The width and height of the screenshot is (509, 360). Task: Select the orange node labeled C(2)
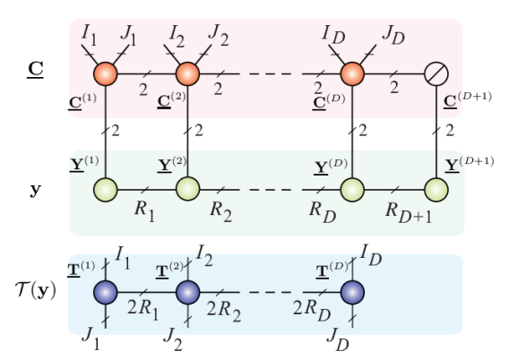(x=186, y=73)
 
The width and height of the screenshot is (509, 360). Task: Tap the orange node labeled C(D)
(x=351, y=73)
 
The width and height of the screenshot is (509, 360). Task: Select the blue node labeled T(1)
(x=106, y=292)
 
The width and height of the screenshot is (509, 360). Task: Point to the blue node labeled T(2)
(x=186, y=292)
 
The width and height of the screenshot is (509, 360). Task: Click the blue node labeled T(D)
(x=351, y=292)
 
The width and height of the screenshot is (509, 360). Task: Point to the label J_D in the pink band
(x=392, y=37)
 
